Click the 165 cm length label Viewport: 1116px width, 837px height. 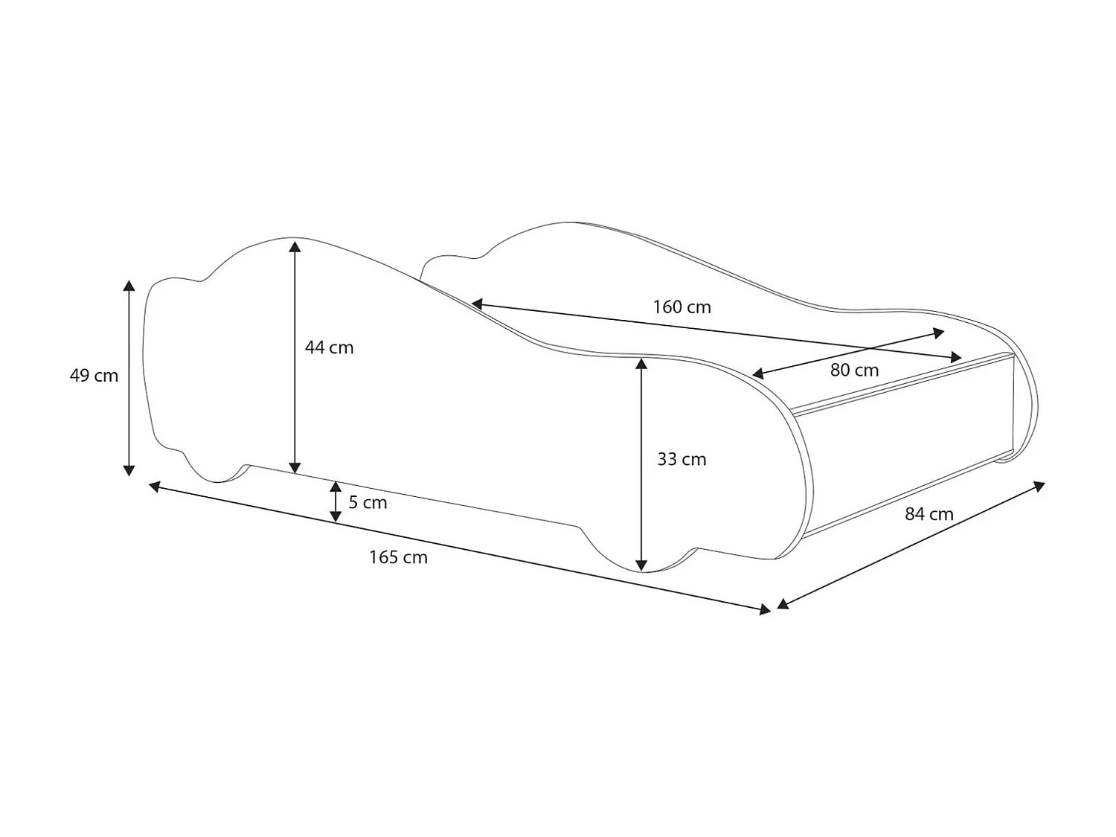pos(398,557)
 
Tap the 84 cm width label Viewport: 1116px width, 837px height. pos(929,513)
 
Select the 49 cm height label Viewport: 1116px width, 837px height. pos(94,376)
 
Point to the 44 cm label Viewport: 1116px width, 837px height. pos(329,347)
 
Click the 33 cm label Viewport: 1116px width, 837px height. pos(681,459)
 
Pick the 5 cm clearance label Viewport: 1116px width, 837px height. pos(368,502)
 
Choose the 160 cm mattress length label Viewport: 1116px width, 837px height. pos(682,307)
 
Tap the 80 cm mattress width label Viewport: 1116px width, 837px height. pos(854,370)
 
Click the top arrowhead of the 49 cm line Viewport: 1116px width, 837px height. pos(129,286)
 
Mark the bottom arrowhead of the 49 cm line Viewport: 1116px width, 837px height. pos(129,470)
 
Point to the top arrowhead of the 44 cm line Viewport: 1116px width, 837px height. pos(295,246)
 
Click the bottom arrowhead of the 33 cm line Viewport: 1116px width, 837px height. pos(641,565)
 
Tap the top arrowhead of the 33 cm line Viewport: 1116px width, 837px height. pos(641,364)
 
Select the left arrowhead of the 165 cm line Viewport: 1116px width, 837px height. pos(155,487)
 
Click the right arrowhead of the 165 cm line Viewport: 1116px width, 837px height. pos(766,610)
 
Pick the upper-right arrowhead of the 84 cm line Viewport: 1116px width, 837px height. pos(1040,487)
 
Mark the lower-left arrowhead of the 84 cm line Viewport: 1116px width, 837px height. pos(783,604)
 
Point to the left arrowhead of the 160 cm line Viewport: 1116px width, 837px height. pos(478,304)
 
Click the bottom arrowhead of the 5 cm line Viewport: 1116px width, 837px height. pos(336,516)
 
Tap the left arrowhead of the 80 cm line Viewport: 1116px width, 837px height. pos(758,374)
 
